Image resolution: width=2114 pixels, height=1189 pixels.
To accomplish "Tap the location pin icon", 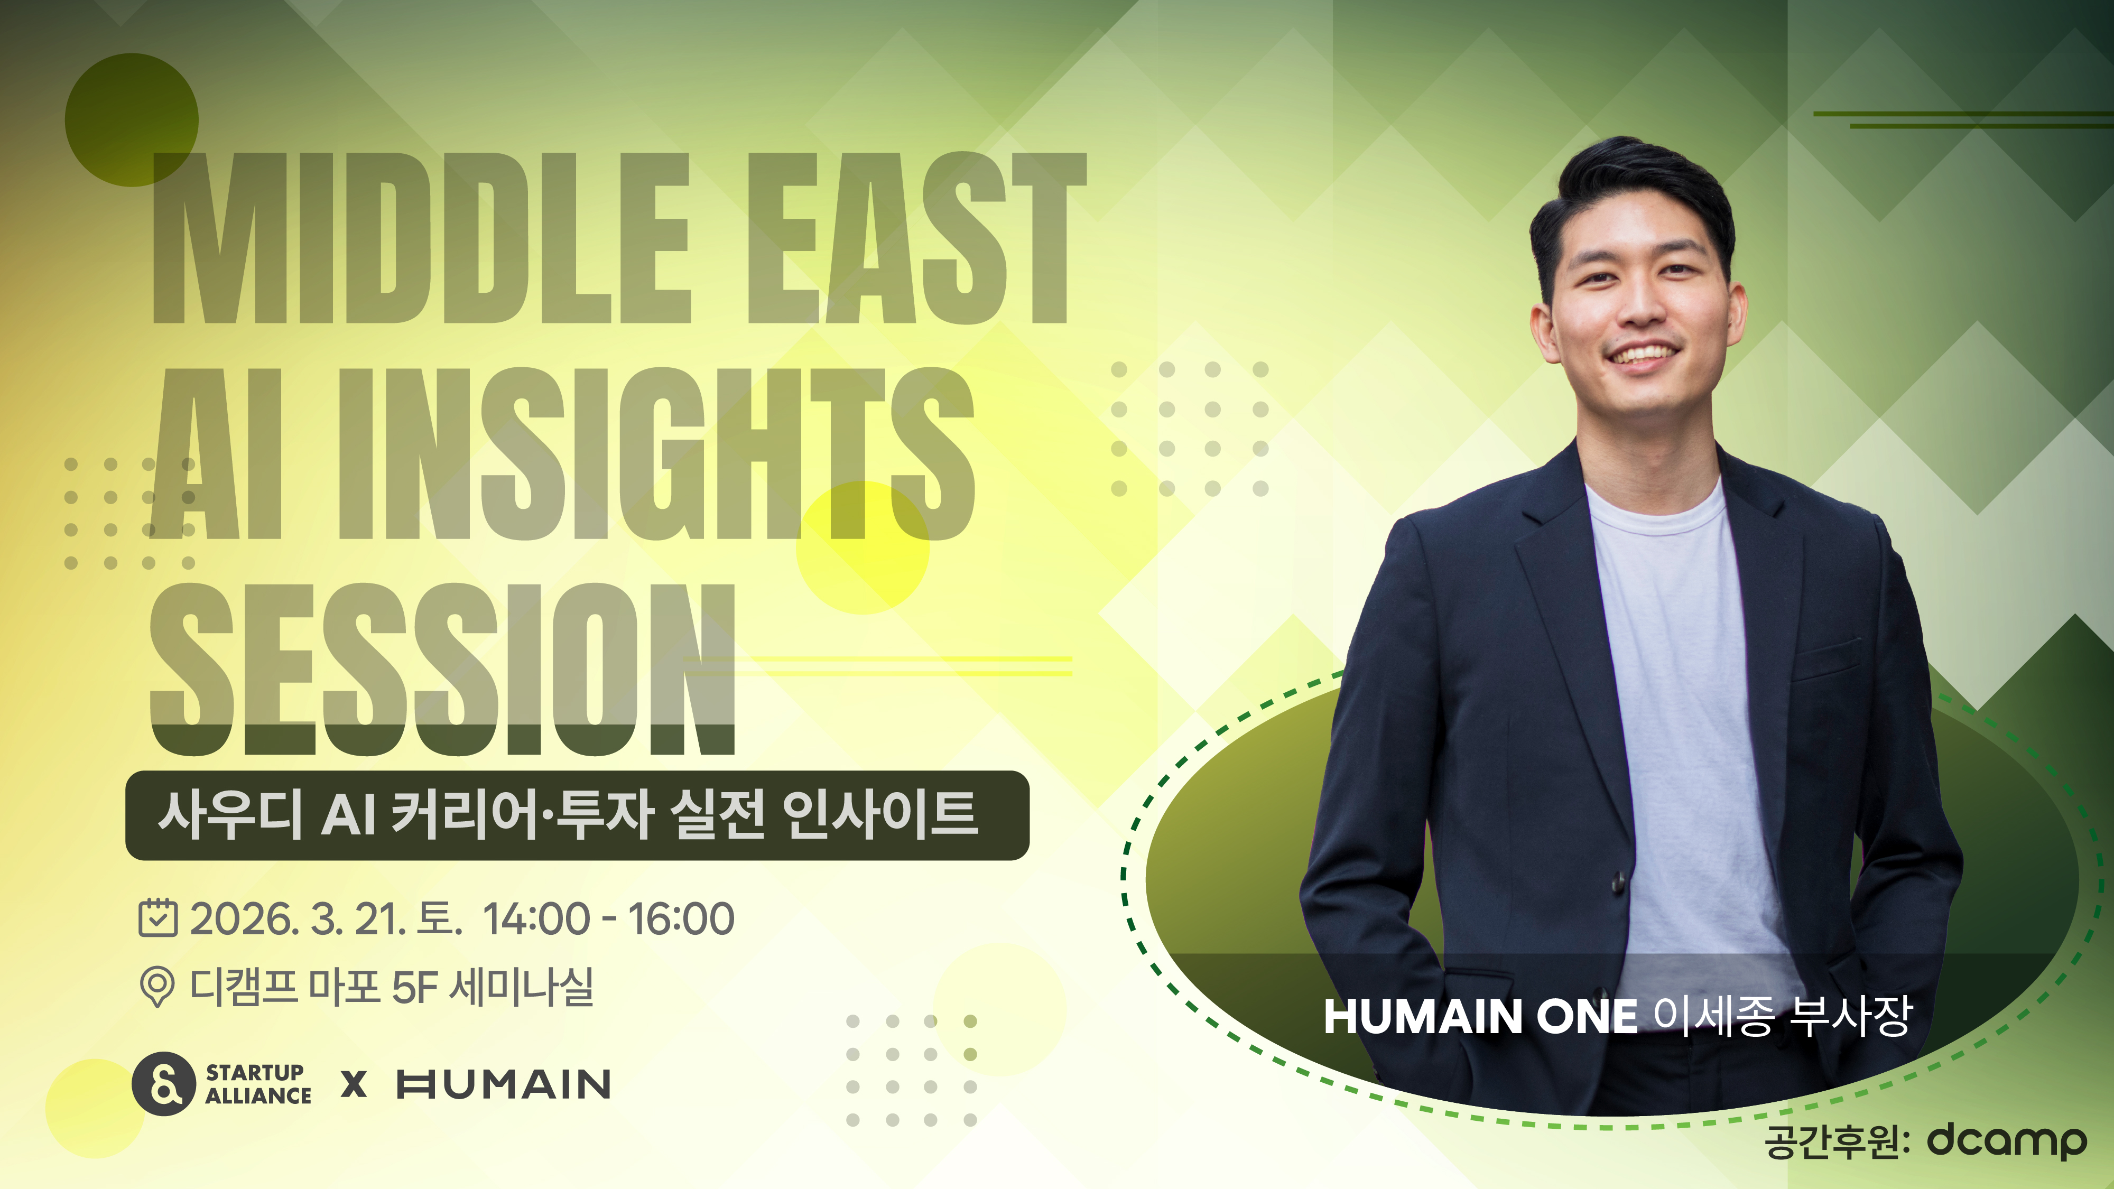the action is pyautogui.click(x=157, y=986).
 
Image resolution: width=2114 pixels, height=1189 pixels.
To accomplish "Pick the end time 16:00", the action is pyautogui.click(x=681, y=918).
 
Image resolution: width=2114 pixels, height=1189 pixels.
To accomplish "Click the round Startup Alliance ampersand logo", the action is pyautogui.click(x=163, y=1083).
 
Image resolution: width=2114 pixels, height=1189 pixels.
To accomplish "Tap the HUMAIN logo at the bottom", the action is pyautogui.click(x=504, y=1084).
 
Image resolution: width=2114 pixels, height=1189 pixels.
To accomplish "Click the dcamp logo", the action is pyautogui.click(x=2007, y=1140).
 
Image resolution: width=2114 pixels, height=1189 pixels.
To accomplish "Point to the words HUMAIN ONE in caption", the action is pyautogui.click(x=1480, y=1017).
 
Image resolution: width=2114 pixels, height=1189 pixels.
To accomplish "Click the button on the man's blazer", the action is pyautogui.click(x=1618, y=882).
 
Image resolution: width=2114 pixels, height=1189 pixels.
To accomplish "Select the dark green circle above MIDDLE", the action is pyautogui.click(x=131, y=120).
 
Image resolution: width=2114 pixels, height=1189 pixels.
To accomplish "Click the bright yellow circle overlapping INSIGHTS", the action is pyautogui.click(x=863, y=547).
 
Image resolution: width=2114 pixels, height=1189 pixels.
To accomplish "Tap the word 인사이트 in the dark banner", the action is pyautogui.click(x=880, y=815).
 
